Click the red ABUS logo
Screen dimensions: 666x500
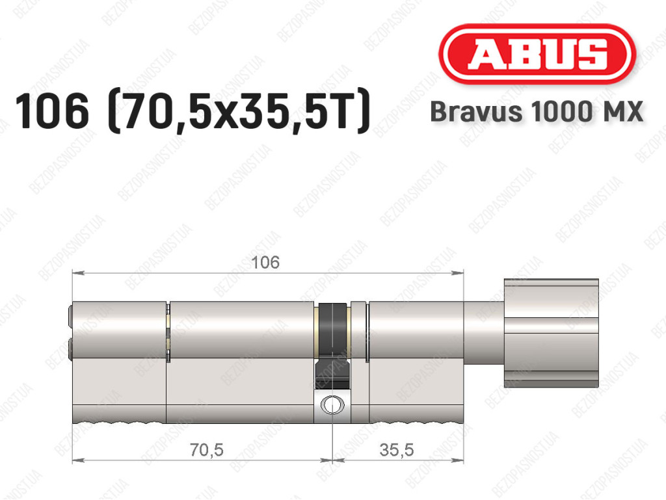pyautogui.click(x=537, y=54)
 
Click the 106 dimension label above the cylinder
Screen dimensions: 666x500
pyautogui.click(x=265, y=262)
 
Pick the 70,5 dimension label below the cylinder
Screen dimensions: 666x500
pyautogui.click(x=206, y=449)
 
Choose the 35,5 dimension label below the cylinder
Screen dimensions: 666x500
pyautogui.click(x=396, y=449)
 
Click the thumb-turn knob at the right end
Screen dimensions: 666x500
pyautogui.click(x=552, y=333)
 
